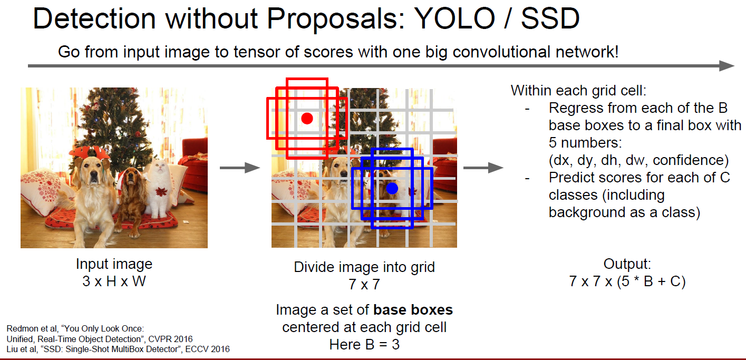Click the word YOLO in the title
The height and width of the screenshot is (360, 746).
[x=454, y=18]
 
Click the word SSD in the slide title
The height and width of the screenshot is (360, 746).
[x=550, y=18]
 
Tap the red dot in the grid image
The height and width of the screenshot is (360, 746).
[x=307, y=118]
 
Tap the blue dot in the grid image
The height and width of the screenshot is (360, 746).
[x=392, y=189]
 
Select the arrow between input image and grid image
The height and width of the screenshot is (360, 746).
[x=240, y=168]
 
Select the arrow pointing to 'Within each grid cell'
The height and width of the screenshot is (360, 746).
[x=483, y=168]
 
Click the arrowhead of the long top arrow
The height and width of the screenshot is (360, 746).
[x=726, y=65]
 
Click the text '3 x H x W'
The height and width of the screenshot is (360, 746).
[x=114, y=281]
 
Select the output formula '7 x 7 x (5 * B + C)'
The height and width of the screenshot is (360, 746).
[x=627, y=281]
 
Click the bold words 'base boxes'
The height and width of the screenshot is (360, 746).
[x=413, y=310]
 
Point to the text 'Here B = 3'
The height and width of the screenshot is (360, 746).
[x=364, y=345]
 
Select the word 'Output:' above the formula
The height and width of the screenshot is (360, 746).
[x=627, y=264]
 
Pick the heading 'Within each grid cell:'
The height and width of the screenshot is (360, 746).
[x=578, y=91]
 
